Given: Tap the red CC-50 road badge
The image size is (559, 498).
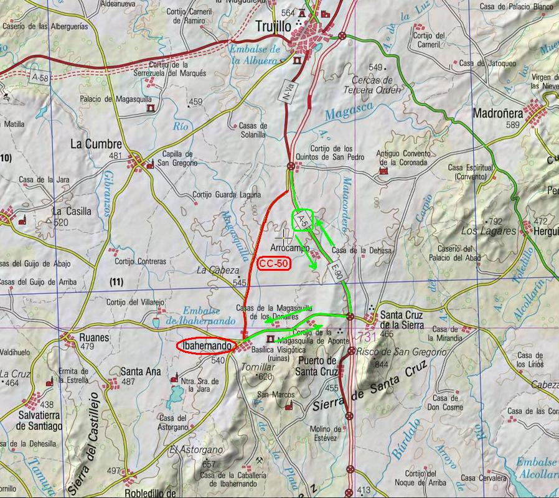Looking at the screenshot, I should pos(274,263).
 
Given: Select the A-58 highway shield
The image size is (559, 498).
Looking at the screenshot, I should pos(39,78).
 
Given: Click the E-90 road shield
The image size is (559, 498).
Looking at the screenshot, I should pos(337,271).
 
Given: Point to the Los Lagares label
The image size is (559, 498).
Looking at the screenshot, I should pos(489,231).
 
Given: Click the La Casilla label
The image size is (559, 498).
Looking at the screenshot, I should pos(72,211).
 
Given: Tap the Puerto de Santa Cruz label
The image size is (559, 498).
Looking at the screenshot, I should pos(317,366).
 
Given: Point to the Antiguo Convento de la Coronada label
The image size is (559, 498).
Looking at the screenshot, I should pos(403,158).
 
